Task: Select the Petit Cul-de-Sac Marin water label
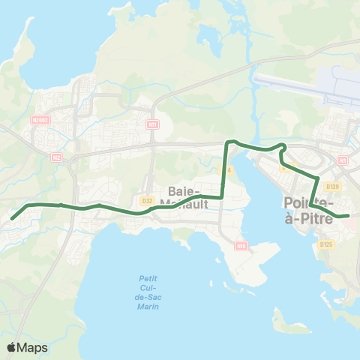(148, 292)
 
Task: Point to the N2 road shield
(56, 157)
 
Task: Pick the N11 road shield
(153, 124)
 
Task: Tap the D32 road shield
(147, 200)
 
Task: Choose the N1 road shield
(343, 160)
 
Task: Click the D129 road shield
(334, 186)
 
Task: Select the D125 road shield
(325, 244)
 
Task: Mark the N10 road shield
(241, 245)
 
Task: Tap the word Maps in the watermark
(33, 347)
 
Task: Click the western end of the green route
(12, 219)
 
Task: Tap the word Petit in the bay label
(148, 279)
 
